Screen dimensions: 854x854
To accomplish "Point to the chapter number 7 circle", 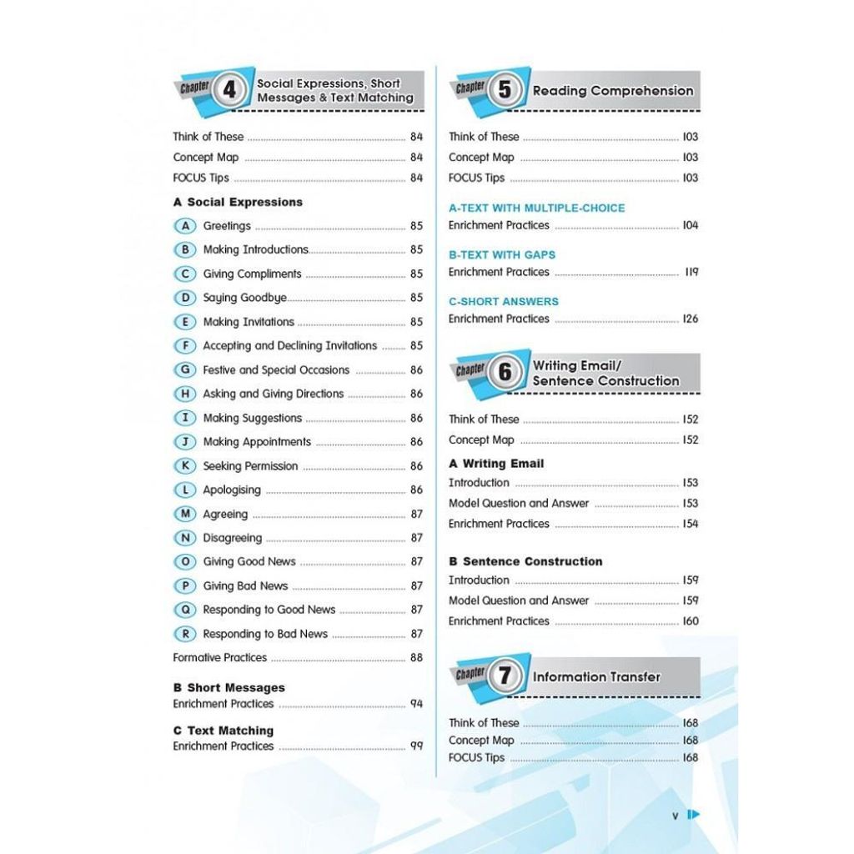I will tap(504, 676).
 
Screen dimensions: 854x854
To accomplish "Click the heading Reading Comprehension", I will tap(613, 91).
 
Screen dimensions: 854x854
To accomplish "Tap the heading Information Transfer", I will tap(596, 677).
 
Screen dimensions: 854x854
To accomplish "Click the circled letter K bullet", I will tap(184, 466).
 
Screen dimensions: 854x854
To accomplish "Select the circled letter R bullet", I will tap(184, 634).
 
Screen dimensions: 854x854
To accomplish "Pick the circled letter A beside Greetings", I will tap(184, 226).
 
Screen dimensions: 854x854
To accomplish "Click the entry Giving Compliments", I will tap(252, 274).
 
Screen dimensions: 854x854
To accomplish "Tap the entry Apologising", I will tap(232, 490).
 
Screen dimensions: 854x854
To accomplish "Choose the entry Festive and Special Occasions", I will tap(276, 369).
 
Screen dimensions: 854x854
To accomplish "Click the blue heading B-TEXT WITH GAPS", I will tap(501, 255).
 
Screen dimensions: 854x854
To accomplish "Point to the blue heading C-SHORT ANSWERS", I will tap(504, 302).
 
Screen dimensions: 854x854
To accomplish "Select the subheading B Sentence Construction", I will tap(525, 562).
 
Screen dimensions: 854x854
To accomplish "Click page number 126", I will tap(690, 319).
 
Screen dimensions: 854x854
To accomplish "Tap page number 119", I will tap(691, 272).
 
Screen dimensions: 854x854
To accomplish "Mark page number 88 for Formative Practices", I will tap(416, 658).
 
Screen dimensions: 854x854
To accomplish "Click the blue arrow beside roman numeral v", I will tap(693, 816).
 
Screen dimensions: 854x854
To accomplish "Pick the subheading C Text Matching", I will tap(223, 731).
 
